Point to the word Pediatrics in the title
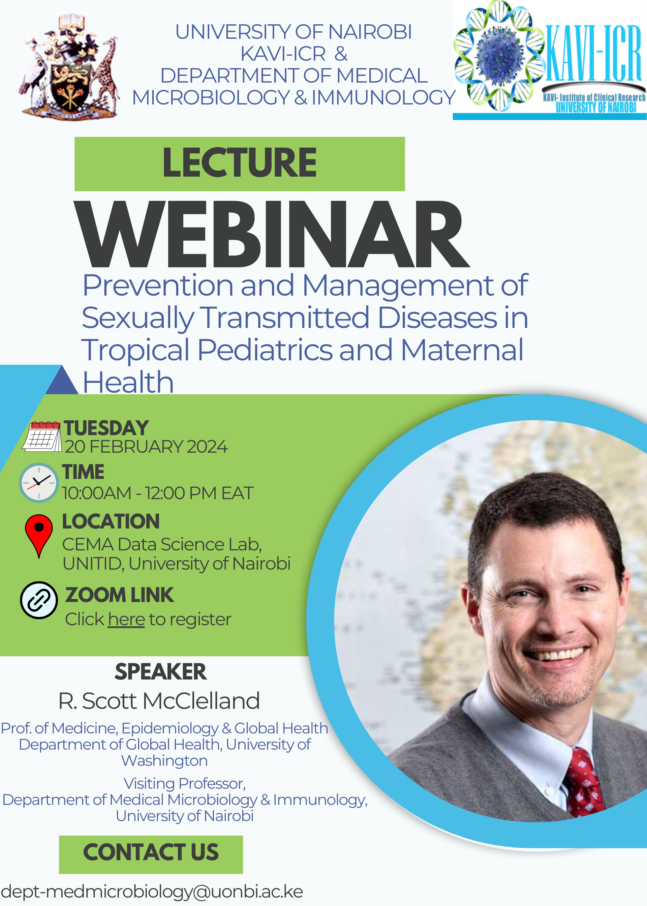click(x=265, y=350)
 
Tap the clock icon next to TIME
click(x=39, y=482)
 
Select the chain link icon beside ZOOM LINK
click(x=39, y=600)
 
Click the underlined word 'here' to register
click(x=126, y=620)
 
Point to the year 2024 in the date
click(x=207, y=447)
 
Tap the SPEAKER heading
click(x=160, y=672)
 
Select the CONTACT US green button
click(x=151, y=855)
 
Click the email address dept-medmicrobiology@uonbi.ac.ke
click(x=151, y=892)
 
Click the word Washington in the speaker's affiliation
click(x=164, y=761)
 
